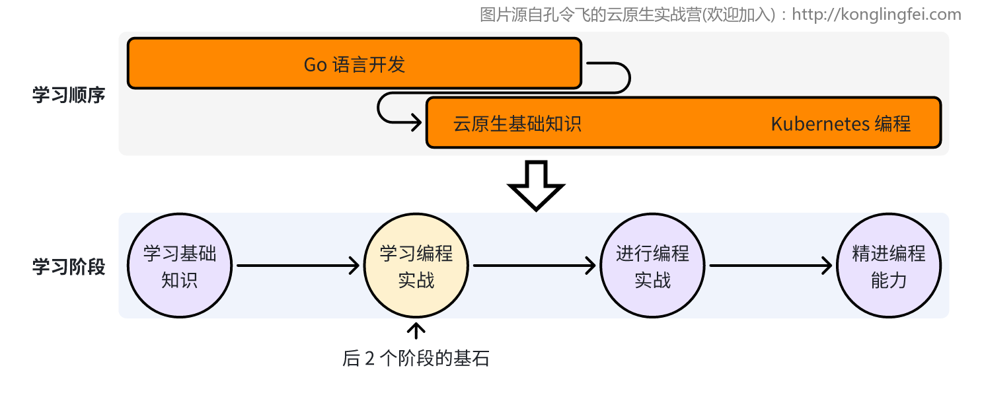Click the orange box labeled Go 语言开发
[x=354, y=63]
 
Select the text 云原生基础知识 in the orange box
[x=517, y=124]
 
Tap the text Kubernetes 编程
[x=841, y=124]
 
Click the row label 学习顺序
[x=69, y=95]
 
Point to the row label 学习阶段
[x=69, y=266]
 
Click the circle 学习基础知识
[x=180, y=266]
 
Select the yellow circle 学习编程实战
[x=416, y=266]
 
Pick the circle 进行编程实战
[x=652, y=266]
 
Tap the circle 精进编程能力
[x=889, y=266]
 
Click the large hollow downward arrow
[x=536, y=184]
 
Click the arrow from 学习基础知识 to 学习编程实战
[x=297, y=266]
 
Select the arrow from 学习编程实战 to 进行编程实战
[x=534, y=266]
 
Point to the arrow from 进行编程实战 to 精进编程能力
[x=770, y=266]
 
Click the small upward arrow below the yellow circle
[x=416, y=330]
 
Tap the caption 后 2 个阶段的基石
[x=416, y=359]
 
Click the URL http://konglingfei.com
[x=876, y=15]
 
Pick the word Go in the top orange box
[x=315, y=64]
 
